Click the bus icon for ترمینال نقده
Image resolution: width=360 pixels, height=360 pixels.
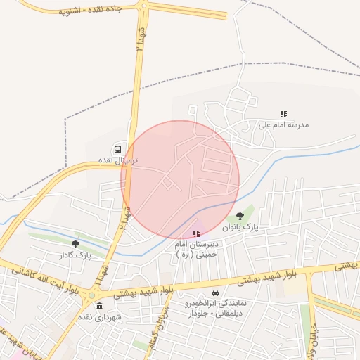117,149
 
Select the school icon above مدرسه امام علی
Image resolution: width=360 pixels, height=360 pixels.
284,114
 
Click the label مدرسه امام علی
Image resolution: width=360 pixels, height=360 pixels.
283,125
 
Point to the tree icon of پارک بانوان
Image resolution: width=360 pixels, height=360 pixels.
240,217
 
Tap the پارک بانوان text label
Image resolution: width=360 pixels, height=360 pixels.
240,228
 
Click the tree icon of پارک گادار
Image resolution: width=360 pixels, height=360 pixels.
75,244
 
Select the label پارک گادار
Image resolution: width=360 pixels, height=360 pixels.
75,255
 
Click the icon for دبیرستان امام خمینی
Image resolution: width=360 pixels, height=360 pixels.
196,233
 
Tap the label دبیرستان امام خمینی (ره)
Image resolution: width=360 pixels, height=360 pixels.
197,249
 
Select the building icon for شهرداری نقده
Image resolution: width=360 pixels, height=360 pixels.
99,306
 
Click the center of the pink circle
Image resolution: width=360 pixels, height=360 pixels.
180,179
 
